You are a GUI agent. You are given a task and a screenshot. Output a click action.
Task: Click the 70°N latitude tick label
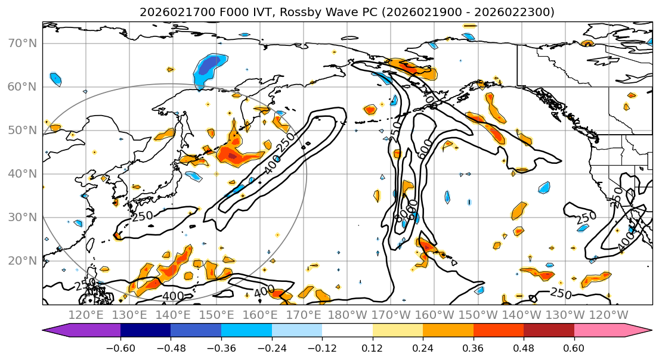click(x=22, y=43)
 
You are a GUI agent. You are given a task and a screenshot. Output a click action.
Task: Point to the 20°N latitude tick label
click(x=22, y=260)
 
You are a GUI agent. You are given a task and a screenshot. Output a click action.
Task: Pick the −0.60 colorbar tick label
click(x=120, y=347)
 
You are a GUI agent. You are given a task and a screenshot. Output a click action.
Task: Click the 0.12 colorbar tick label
click(x=373, y=347)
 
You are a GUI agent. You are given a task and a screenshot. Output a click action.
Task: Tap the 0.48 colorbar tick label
click(x=524, y=347)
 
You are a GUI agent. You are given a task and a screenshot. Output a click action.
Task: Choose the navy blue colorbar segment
click(x=146, y=331)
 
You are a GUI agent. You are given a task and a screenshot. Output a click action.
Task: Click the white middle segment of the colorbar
click(x=347, y=331)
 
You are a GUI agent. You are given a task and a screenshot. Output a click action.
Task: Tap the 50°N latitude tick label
click(x=22, y=130)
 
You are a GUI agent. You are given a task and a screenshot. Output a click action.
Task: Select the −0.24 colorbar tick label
click(x=271, y=347)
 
